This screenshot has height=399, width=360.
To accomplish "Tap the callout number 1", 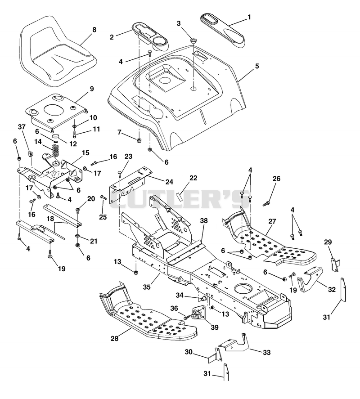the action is coord(249,17).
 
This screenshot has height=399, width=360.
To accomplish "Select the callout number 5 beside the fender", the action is coord(257,66).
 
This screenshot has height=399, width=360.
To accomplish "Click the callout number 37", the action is coord(22,127).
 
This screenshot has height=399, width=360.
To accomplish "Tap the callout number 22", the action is coord(193,178).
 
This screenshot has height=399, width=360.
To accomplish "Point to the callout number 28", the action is coord(115,338).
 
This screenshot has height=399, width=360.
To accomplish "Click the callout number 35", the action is coord(147,287).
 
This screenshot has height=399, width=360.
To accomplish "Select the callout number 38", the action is coord(204,220).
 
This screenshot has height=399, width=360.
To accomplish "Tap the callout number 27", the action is coord(272,221).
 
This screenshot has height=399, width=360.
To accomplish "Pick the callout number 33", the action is coord(266,352).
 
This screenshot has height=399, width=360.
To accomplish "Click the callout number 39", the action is coord(215,327).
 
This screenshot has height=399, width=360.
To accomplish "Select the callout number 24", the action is coord(169,182).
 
